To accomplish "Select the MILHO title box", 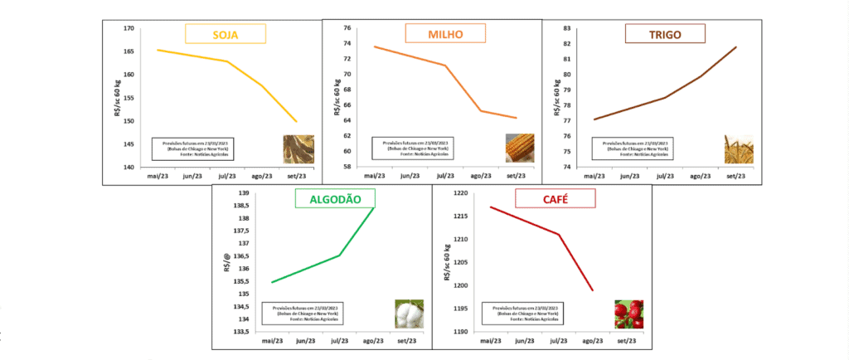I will coord(444,34).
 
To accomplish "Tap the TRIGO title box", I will coord(664,33).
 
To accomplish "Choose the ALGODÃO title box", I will coord(334,197).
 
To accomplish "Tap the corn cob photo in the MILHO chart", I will coord(520,148).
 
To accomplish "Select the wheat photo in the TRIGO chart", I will coord(739,148).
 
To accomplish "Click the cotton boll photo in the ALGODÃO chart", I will coord(409,314).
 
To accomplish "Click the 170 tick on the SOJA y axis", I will coord(129,28).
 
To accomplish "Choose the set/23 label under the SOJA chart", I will coord(296,177).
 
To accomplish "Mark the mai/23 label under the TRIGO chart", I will coord(594,177).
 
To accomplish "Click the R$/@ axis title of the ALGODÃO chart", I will coord(226,262).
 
